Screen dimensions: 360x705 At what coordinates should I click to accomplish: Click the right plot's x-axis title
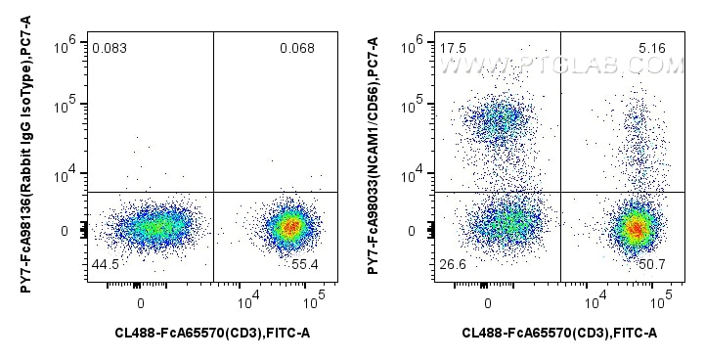point(559,335)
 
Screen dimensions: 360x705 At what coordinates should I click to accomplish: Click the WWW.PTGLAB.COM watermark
point(561,66)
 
